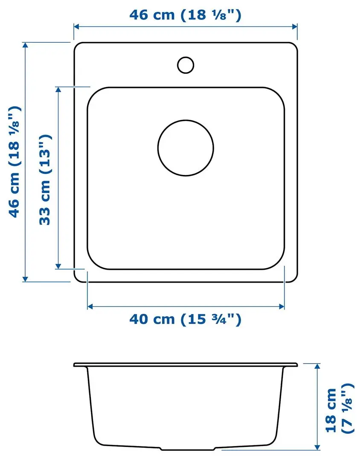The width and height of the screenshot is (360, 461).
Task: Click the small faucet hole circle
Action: (186, 64)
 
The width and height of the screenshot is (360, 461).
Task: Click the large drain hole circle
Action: (186, 148)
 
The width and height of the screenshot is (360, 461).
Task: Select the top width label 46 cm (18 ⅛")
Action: (186, 15)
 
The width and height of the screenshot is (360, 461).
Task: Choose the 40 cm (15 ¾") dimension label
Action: (186, 319)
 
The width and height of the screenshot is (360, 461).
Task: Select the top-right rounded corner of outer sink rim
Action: (293, 47)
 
